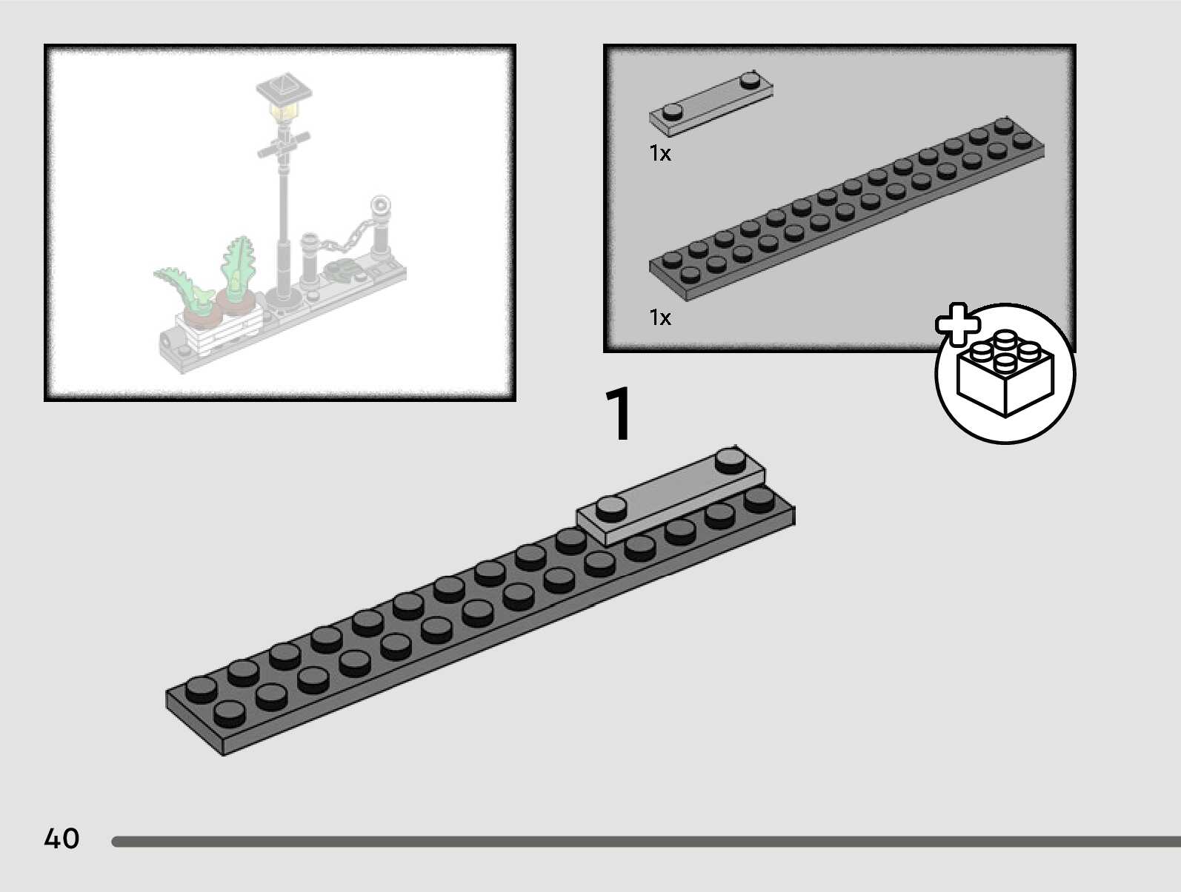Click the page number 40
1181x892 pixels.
coord(61,839)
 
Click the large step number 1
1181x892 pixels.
coord(619,415)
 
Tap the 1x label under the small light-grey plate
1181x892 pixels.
coord(660,153)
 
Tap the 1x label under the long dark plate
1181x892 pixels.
coord(660,318)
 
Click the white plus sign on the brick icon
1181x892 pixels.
coord(958,324)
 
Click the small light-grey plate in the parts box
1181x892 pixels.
coord(711,104)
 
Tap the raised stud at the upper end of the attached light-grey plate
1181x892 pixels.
coord(731,460)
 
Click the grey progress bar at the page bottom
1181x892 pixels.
coord(645,842)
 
